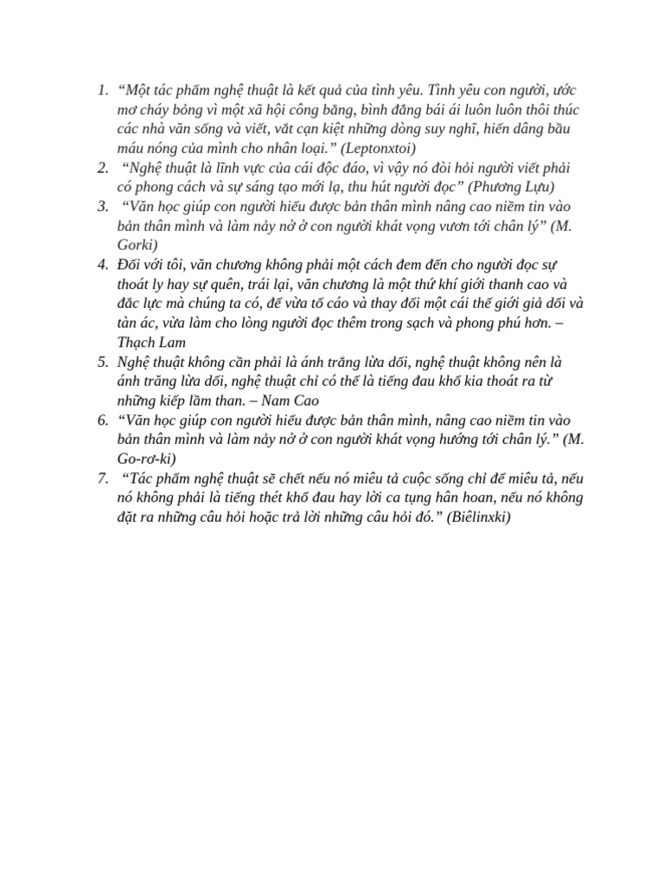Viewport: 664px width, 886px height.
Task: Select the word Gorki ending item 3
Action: coord(137,244)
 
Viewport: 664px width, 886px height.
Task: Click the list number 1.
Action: coord(102,89)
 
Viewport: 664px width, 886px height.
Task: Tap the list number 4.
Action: coord(102,263)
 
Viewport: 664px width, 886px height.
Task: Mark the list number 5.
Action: coord(102,361)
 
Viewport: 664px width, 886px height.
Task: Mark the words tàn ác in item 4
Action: coord(137,322)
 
